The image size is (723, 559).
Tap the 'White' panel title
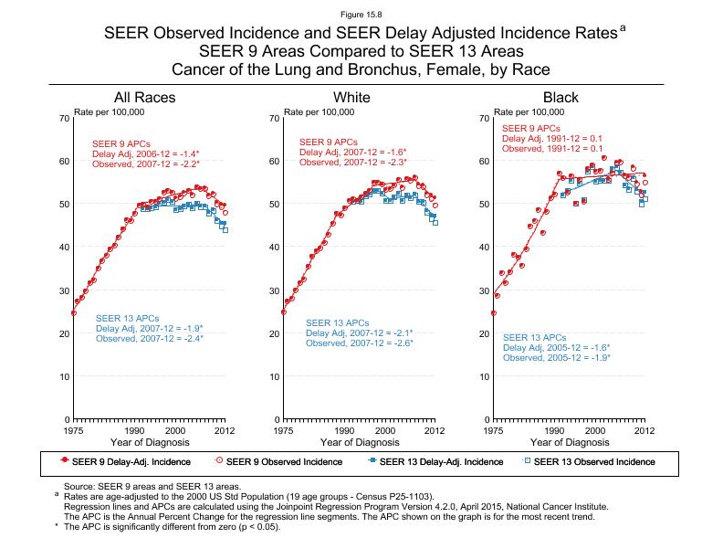(x=352, y=98)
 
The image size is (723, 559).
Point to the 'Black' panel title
(x=561, y=98)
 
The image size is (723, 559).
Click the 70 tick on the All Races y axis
(x=65, y=119)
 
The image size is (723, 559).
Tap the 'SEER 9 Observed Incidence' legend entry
(x=283, y=461)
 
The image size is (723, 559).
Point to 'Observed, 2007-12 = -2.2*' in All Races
(x=145, y=163)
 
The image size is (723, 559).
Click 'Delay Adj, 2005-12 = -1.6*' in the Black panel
(x=556, y=348)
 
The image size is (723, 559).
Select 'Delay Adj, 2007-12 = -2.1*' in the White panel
(x=359, y=333)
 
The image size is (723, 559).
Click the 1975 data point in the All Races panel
(x=74, y=313)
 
